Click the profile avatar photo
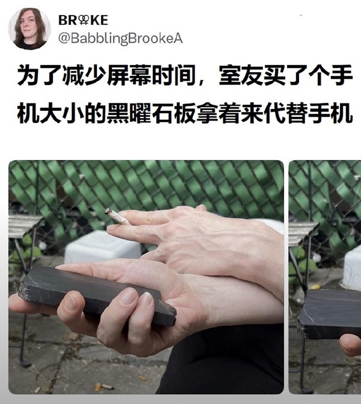point(29,28)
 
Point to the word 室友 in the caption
point(241,76)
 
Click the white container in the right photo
point(353,268)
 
